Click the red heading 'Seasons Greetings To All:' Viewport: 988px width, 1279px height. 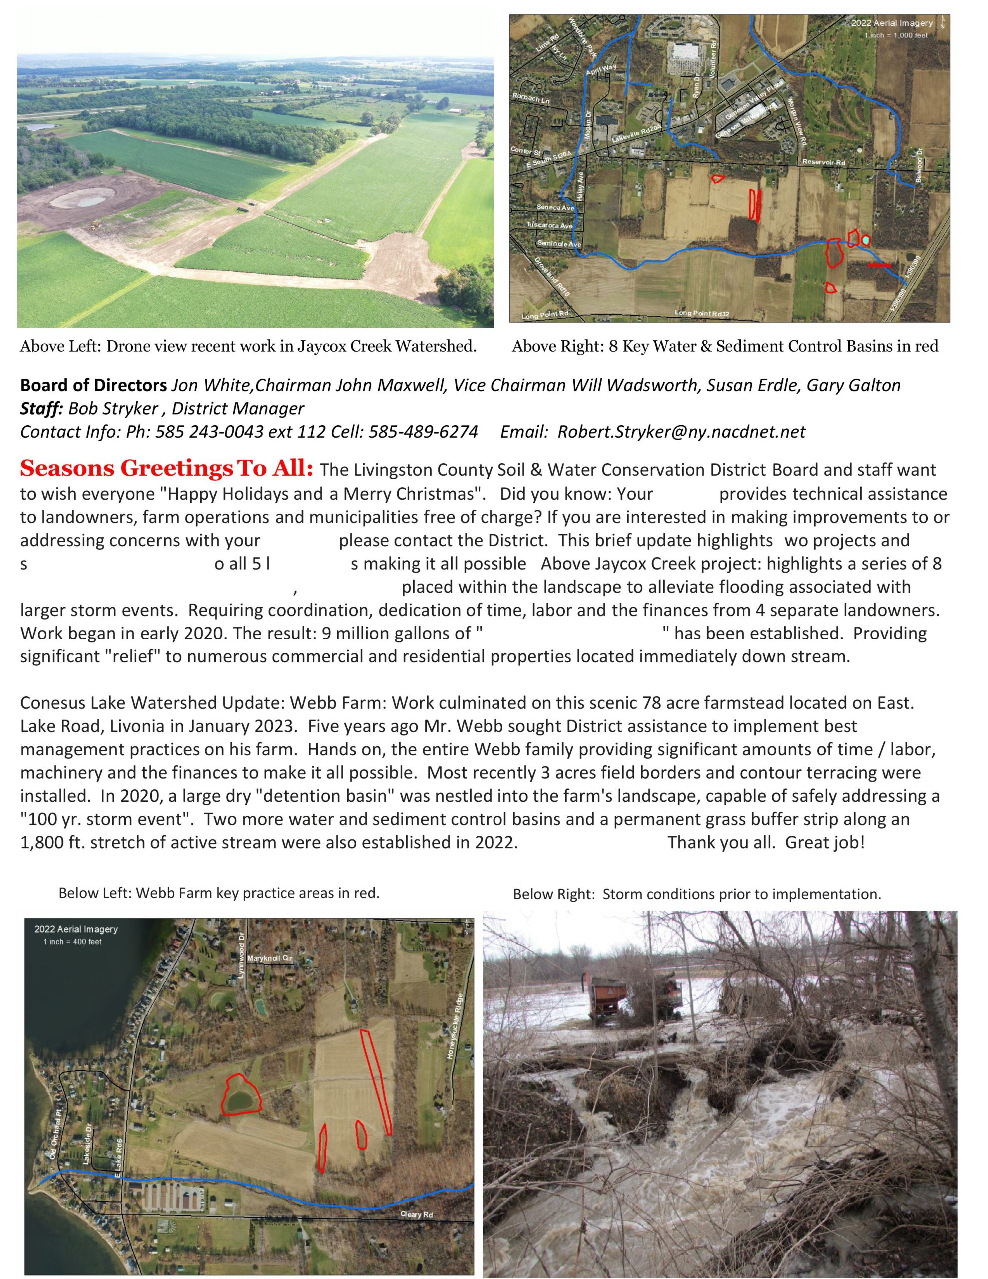click(167, 469)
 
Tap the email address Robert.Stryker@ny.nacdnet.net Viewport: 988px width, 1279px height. click(681, 432)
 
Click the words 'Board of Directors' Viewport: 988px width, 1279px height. click(94, 385)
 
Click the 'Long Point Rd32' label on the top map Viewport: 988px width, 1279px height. click(702, 313)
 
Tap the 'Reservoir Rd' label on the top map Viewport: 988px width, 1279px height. click(824, 162)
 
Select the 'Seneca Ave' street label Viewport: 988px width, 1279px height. click(556, 208)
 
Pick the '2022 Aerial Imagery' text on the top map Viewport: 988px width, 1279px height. click(892, 23)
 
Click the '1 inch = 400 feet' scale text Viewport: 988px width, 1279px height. click(72, 942)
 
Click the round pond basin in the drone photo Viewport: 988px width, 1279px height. click(79, 200)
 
